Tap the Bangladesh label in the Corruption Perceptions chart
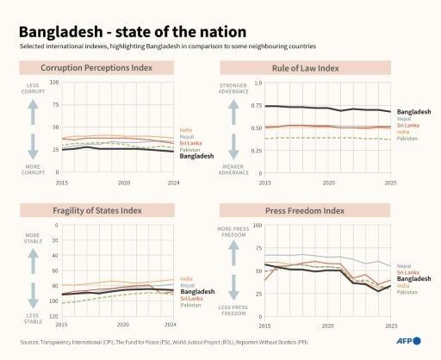196,157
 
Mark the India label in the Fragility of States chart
186,279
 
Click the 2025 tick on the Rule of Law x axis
390,183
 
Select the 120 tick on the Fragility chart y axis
53,316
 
